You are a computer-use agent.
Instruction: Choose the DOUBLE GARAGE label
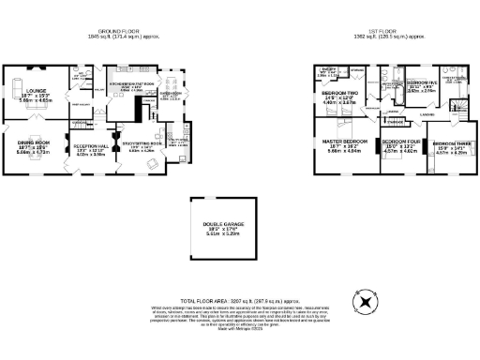click(x=222, y=222)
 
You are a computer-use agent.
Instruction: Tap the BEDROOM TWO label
click(x=337, y=94)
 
